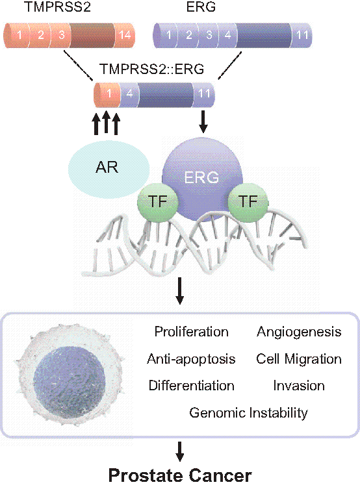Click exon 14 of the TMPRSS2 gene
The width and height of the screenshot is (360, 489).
(x=125, y=35)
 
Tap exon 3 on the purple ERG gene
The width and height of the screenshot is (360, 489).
(x=209, y=35)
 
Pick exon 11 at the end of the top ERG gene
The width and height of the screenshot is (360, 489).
(x=302, y=35)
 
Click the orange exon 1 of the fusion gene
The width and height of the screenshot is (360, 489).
(x=107, y=94)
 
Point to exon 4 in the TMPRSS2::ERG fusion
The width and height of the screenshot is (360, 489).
(x=129, y=94)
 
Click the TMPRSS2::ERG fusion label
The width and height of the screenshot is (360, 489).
(x=152, y=69)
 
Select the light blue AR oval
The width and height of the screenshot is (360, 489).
(x=109, y=169)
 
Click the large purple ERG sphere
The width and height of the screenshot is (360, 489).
(x=202, y=181)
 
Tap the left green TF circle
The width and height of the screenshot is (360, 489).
(x=157, y=201)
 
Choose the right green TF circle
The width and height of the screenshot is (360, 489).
(x=248, y=202)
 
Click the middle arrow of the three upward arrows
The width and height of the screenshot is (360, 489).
(x=106, y=123)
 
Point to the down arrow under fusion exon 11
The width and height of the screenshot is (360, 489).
(x=203, y=121)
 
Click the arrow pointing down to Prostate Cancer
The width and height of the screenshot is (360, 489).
(x=179, y=451)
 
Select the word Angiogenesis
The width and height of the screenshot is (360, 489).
(x=299, y=332)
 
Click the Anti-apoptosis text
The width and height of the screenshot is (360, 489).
(x=191, y=359)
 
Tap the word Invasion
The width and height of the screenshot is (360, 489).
(x=299, y=386)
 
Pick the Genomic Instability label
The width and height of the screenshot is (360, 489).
(x=248, y=413)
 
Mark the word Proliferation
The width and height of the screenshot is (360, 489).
(x=192, y=332)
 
